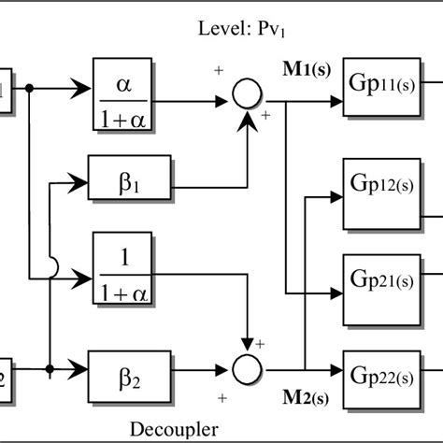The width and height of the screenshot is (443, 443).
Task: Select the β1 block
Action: (123, 175)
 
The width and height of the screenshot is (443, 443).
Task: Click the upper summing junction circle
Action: (247, 95)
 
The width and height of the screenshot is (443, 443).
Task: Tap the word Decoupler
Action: (176, 428)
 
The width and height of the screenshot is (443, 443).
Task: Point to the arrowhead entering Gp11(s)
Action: (337, 95)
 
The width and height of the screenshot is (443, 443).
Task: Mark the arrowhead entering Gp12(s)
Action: (337, 197)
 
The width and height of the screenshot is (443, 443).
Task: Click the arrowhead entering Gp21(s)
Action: (337, 293)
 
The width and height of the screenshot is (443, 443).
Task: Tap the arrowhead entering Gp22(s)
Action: (337, 368)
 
